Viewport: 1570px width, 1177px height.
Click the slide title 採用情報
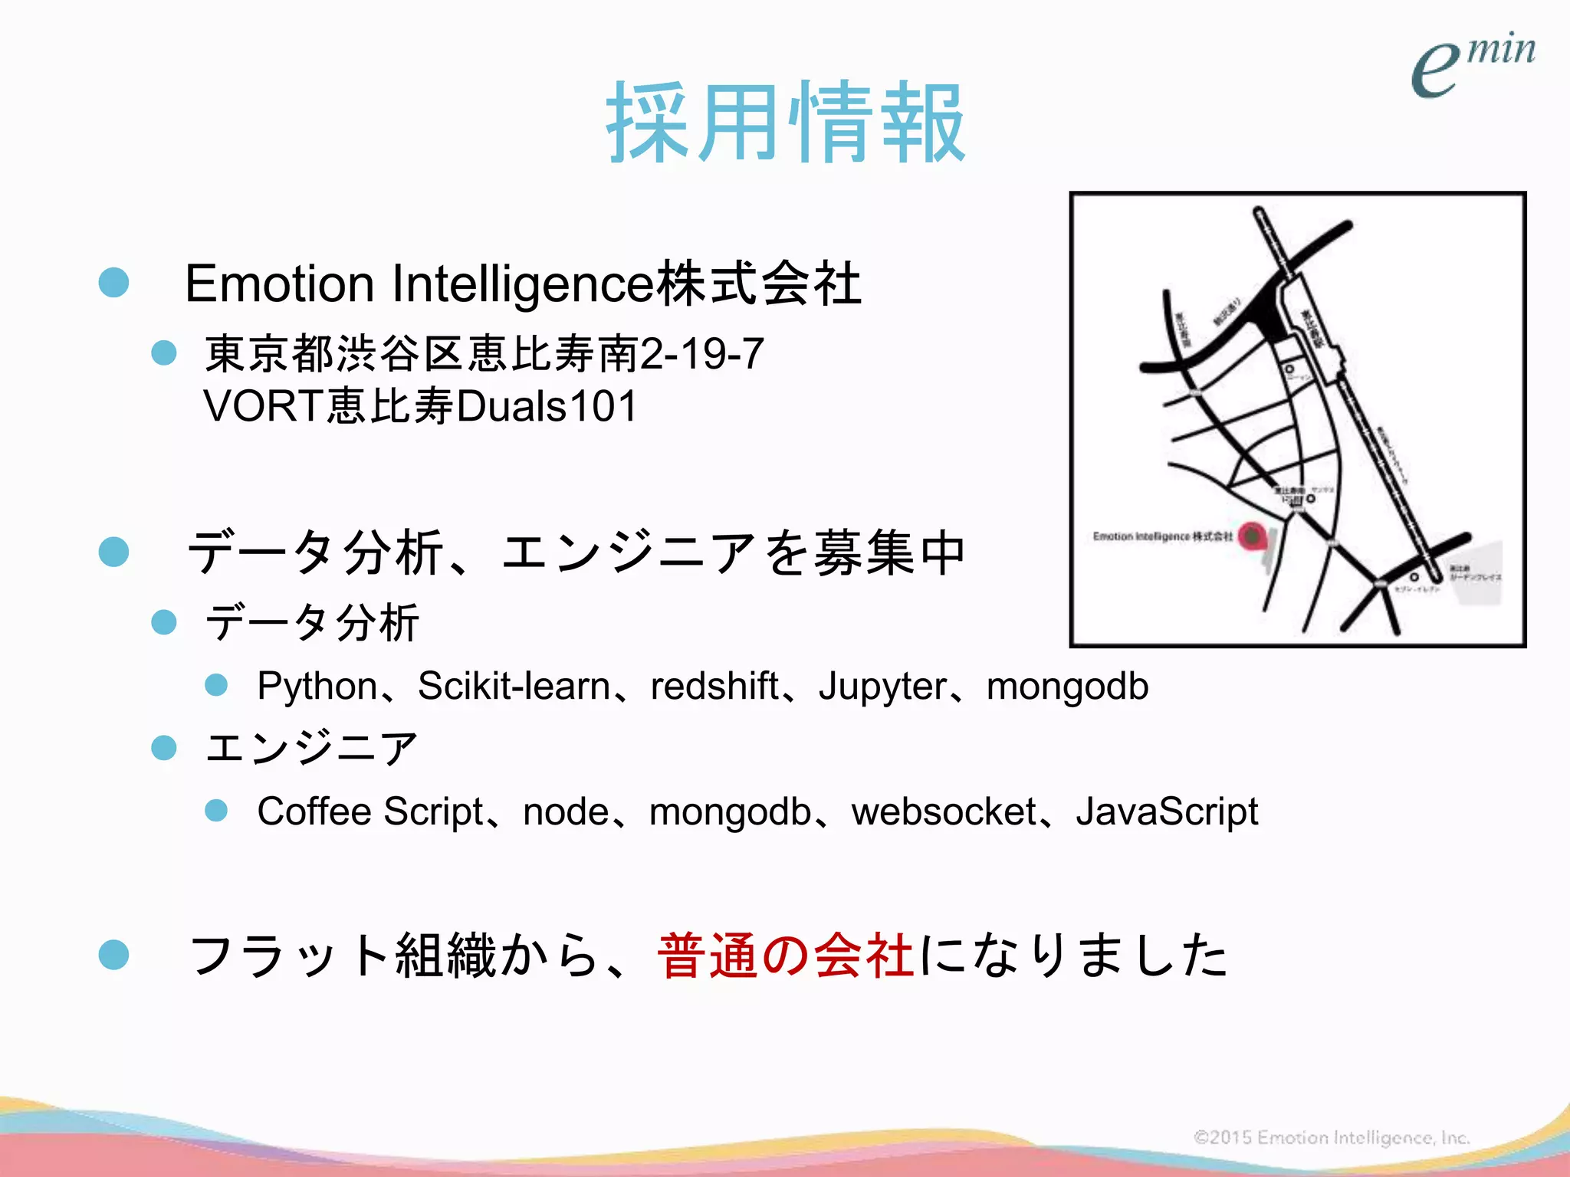pyautogui.click(x=786, y=123)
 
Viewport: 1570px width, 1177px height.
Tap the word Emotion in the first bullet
pyautogui.click(x=279, y=284)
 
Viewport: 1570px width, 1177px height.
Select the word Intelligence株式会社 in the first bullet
pyautogui.click(x=626, y=284)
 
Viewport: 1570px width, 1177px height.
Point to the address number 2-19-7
pyautogui.click(x=701, y=354)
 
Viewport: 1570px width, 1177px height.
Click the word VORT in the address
pyautogui.click(x=263, y=406)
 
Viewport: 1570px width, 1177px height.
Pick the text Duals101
pyautogui.click(x=546, y=406)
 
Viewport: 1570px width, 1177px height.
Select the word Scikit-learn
pyautogui.click(x=514, y=686)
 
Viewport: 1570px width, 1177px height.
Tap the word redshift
pyautogui.click(x=714, y=686)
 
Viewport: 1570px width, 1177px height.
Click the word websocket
pyautogui.click(x=944, y=811)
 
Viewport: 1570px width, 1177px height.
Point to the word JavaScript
pyautogui.click(x=1167, y=811)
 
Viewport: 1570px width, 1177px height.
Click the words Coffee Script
pyautogui.click(x=370, y=811)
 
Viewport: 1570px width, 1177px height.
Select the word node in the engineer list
pyautogui.click(x=566, y=811)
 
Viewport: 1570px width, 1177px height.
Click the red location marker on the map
pyautogui.click(x=1252, y=536)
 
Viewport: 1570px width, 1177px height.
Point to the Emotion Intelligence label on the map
pyautogui.click(x=1162, y=536)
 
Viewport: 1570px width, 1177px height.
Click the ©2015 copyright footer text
pyautogui.click(x=1332, y=1137)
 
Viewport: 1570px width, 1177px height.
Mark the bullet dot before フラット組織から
pyautogui.click(x=114, y=955)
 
